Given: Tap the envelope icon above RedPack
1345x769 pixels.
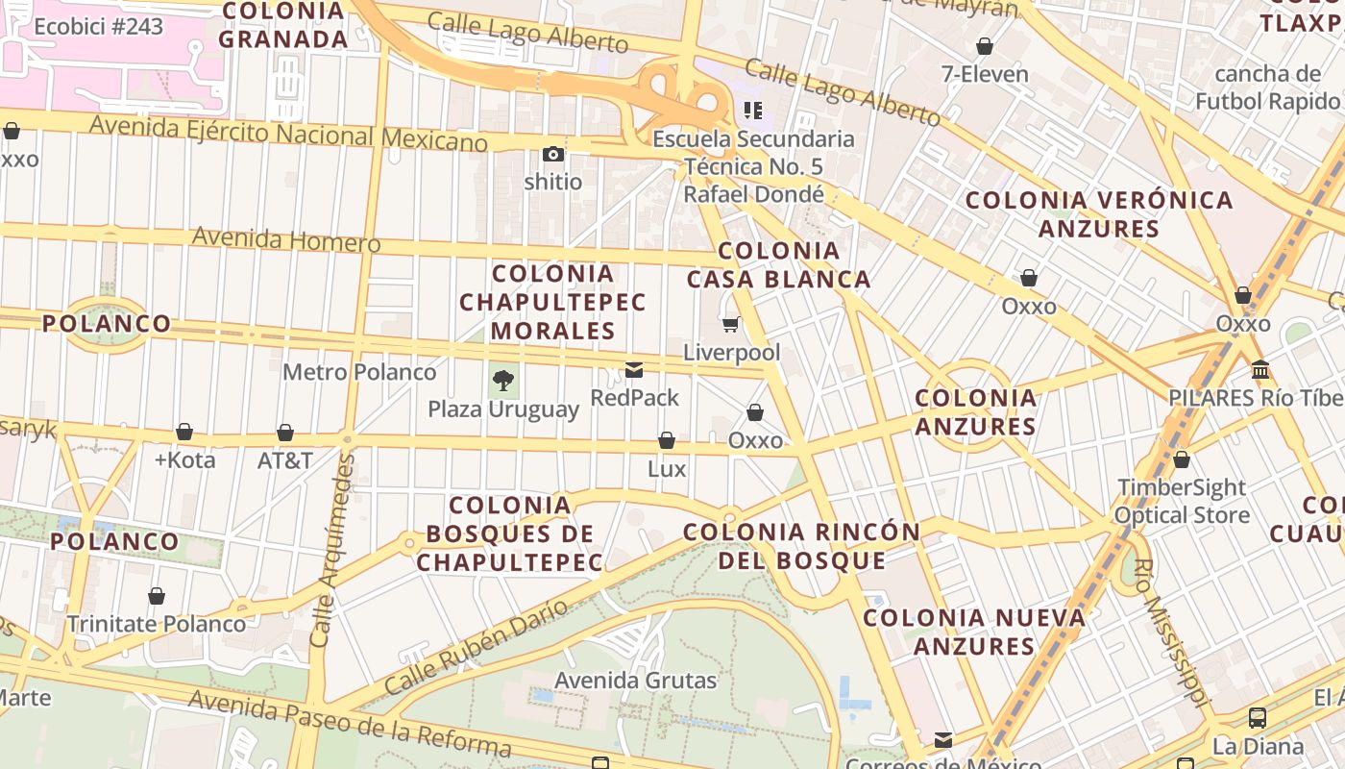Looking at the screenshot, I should (x=634, y=370).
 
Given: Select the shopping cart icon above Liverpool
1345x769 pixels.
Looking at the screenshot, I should (x=731, y=325).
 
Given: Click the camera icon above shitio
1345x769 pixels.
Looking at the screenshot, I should (x=552, y=154).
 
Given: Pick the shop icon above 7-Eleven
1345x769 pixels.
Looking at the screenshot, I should (x=985, y=46).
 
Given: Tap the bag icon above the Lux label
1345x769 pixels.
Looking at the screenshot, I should (x=667, y=441).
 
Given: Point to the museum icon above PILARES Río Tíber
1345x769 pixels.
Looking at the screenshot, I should (x=1260, y=370).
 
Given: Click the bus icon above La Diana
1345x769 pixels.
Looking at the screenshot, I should (x=1257, y=717).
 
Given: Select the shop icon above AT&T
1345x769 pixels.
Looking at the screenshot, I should (x=285, y=433).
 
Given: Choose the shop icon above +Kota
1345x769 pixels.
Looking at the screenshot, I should (x=184, y=433).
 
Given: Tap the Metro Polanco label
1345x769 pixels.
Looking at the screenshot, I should (x=359, y=372).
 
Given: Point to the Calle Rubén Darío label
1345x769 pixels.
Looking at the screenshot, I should (x=477, y=647).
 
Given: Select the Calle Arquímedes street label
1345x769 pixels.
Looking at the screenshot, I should (x=332, y=550).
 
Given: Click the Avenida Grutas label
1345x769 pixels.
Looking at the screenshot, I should (x=635, y=681).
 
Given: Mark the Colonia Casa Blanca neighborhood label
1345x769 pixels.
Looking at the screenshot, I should (x=778, y=265).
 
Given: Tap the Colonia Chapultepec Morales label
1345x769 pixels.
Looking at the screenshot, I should (x=552, y=302).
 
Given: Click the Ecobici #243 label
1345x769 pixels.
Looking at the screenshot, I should (x=98, y=26).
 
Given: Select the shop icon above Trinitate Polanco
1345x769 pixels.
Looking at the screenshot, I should (x=157, y=597).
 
